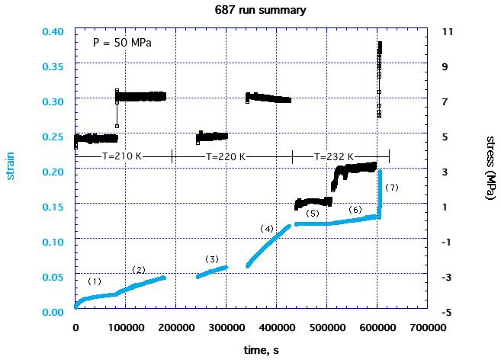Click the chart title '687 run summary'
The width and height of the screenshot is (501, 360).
click(x=250, y=11)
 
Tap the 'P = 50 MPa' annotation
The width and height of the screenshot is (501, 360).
click(x=121, y=43)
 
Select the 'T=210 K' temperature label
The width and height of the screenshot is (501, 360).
click(x=122, y=156)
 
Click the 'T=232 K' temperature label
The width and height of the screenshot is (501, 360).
click(x=334, y=156)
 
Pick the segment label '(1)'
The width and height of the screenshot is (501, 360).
click(x=95, y=281)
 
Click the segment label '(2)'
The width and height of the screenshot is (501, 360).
click(x=139, y=270)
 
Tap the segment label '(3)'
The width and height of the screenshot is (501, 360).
click(x=212, y=259)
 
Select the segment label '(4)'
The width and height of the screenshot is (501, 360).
click(x=267, y=228)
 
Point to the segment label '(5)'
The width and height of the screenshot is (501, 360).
click(x=312, y=214)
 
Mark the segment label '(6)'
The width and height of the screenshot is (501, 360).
click(x=355, y=209)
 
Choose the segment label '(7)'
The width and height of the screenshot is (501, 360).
click(x=392, y=187)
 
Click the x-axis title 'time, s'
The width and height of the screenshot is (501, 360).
click(x=251, y=349)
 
